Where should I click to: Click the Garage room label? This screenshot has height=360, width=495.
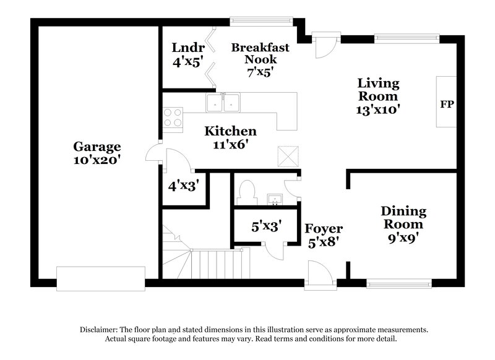97,147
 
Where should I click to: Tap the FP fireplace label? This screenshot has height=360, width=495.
447,103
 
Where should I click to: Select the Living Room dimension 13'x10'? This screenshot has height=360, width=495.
377,110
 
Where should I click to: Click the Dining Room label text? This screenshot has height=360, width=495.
403,217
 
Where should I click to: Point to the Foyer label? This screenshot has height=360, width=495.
324,228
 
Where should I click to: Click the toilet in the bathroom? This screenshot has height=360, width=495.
247,191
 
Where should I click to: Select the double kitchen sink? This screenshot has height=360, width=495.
223,103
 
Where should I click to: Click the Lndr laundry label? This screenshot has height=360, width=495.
184,48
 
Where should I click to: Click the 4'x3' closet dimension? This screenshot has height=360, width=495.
183,185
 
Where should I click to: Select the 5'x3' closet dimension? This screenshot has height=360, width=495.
266,227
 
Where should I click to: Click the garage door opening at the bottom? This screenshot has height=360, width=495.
101,278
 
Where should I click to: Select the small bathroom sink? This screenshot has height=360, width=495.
274,199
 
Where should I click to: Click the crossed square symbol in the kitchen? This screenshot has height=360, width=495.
287,156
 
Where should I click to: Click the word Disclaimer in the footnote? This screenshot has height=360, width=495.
101,330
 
